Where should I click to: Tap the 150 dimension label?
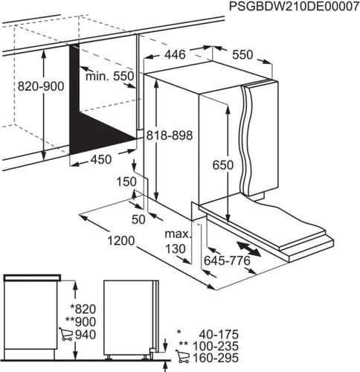click(127, 182)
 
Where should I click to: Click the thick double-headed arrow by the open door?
click(249, 248)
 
